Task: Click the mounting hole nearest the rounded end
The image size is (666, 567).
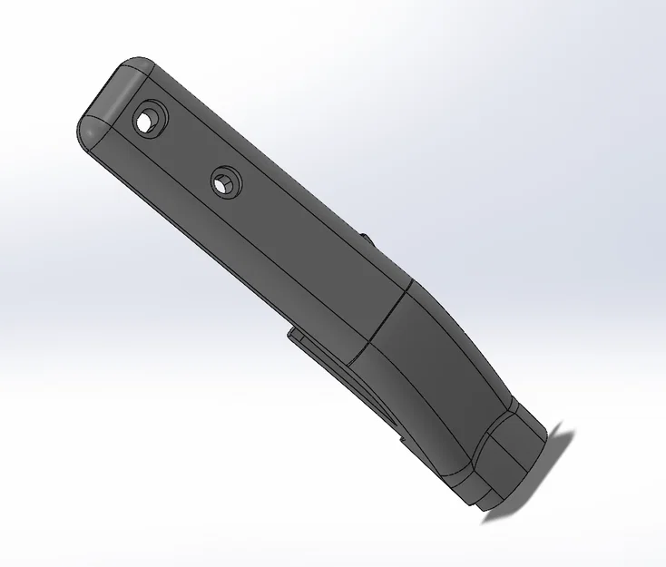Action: click(x=147, y=121)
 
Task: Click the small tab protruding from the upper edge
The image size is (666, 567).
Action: click(x=367, y=240)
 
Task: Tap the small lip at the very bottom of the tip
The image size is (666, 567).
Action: click(x=490, y=501)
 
